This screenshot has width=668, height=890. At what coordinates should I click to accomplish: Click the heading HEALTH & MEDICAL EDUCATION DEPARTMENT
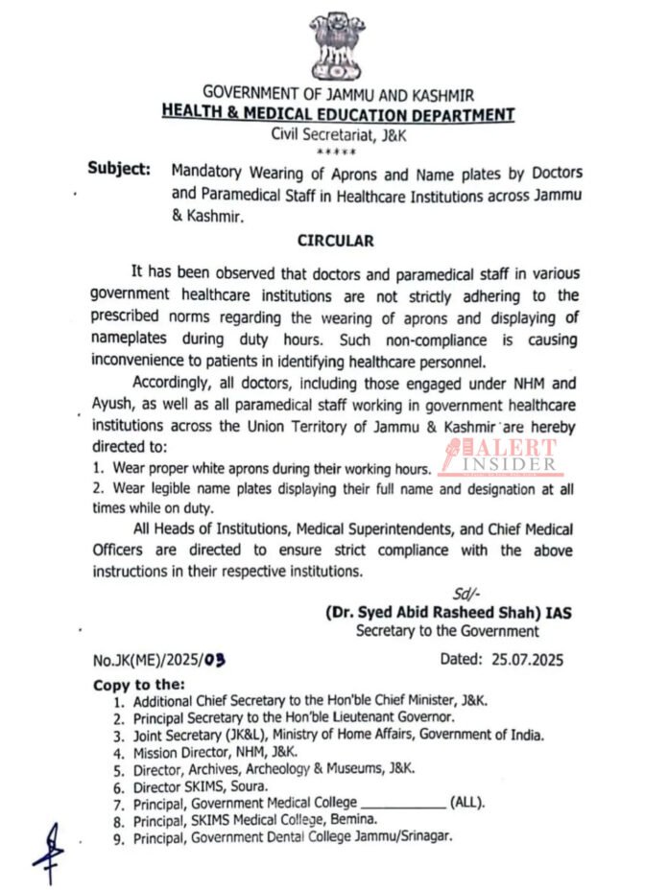pos(338,115)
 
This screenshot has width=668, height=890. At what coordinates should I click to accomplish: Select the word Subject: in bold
pos(119,170)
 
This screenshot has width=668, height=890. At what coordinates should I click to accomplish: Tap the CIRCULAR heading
pos(335,241)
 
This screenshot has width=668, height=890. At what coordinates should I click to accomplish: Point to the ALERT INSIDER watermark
pos(500,457)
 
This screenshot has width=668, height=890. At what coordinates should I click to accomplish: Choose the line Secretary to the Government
pos(447,631)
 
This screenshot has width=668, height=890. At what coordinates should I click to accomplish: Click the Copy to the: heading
pos(138,685)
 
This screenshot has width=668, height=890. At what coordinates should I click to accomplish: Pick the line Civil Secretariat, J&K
pos(338,135)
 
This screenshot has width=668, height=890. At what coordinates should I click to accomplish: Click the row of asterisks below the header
pos(336,152)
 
